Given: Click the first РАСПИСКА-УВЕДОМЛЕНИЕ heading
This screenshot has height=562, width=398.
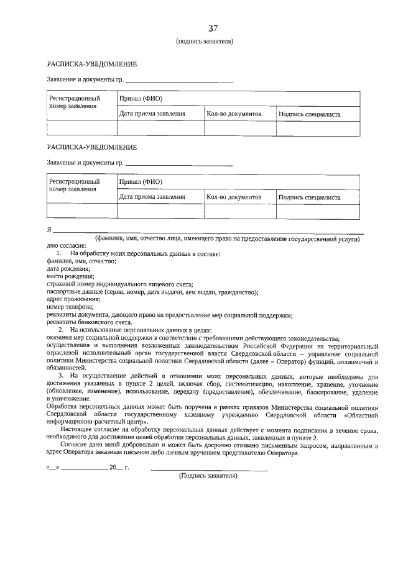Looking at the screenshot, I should point(92,65).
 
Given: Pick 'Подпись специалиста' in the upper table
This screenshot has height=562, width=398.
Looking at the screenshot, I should point(309,114).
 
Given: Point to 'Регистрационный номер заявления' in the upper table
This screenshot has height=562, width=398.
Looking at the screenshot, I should point(75,102).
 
